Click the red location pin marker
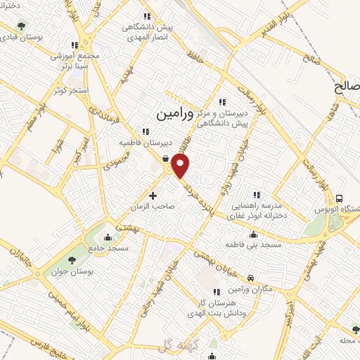(x=181, y=166)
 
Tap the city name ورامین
(x=174, y=110)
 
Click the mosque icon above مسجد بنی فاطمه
(x=253, y=235)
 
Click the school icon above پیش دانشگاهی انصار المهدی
(x=147, y=16)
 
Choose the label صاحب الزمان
(x=153, y=207)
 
